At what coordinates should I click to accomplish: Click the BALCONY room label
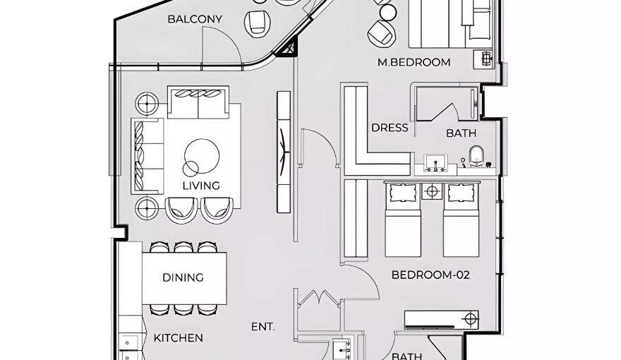coord(195,19)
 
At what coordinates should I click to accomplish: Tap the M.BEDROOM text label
coord(414,62)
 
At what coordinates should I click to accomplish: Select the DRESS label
coord(390,128)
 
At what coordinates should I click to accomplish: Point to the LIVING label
coord(201,186)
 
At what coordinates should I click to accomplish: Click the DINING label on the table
coord(183,277)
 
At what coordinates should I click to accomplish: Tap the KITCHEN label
coord(179,338)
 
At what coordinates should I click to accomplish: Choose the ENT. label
coord(263,327)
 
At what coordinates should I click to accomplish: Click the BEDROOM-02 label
coord(430,275)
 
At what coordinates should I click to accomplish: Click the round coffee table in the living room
coord(202,156)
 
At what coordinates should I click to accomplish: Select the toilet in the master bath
coord(476,157)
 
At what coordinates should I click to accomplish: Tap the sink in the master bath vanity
coord(435,163)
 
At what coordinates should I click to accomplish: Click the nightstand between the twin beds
coord(432,191)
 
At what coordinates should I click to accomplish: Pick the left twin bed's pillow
coord(402,193)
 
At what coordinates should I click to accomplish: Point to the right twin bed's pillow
coord(461,193)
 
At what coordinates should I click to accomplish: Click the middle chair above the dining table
coord(183,247)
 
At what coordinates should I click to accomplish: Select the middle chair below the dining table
coord(183,309)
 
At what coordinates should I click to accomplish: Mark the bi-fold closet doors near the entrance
coord(319,297)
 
